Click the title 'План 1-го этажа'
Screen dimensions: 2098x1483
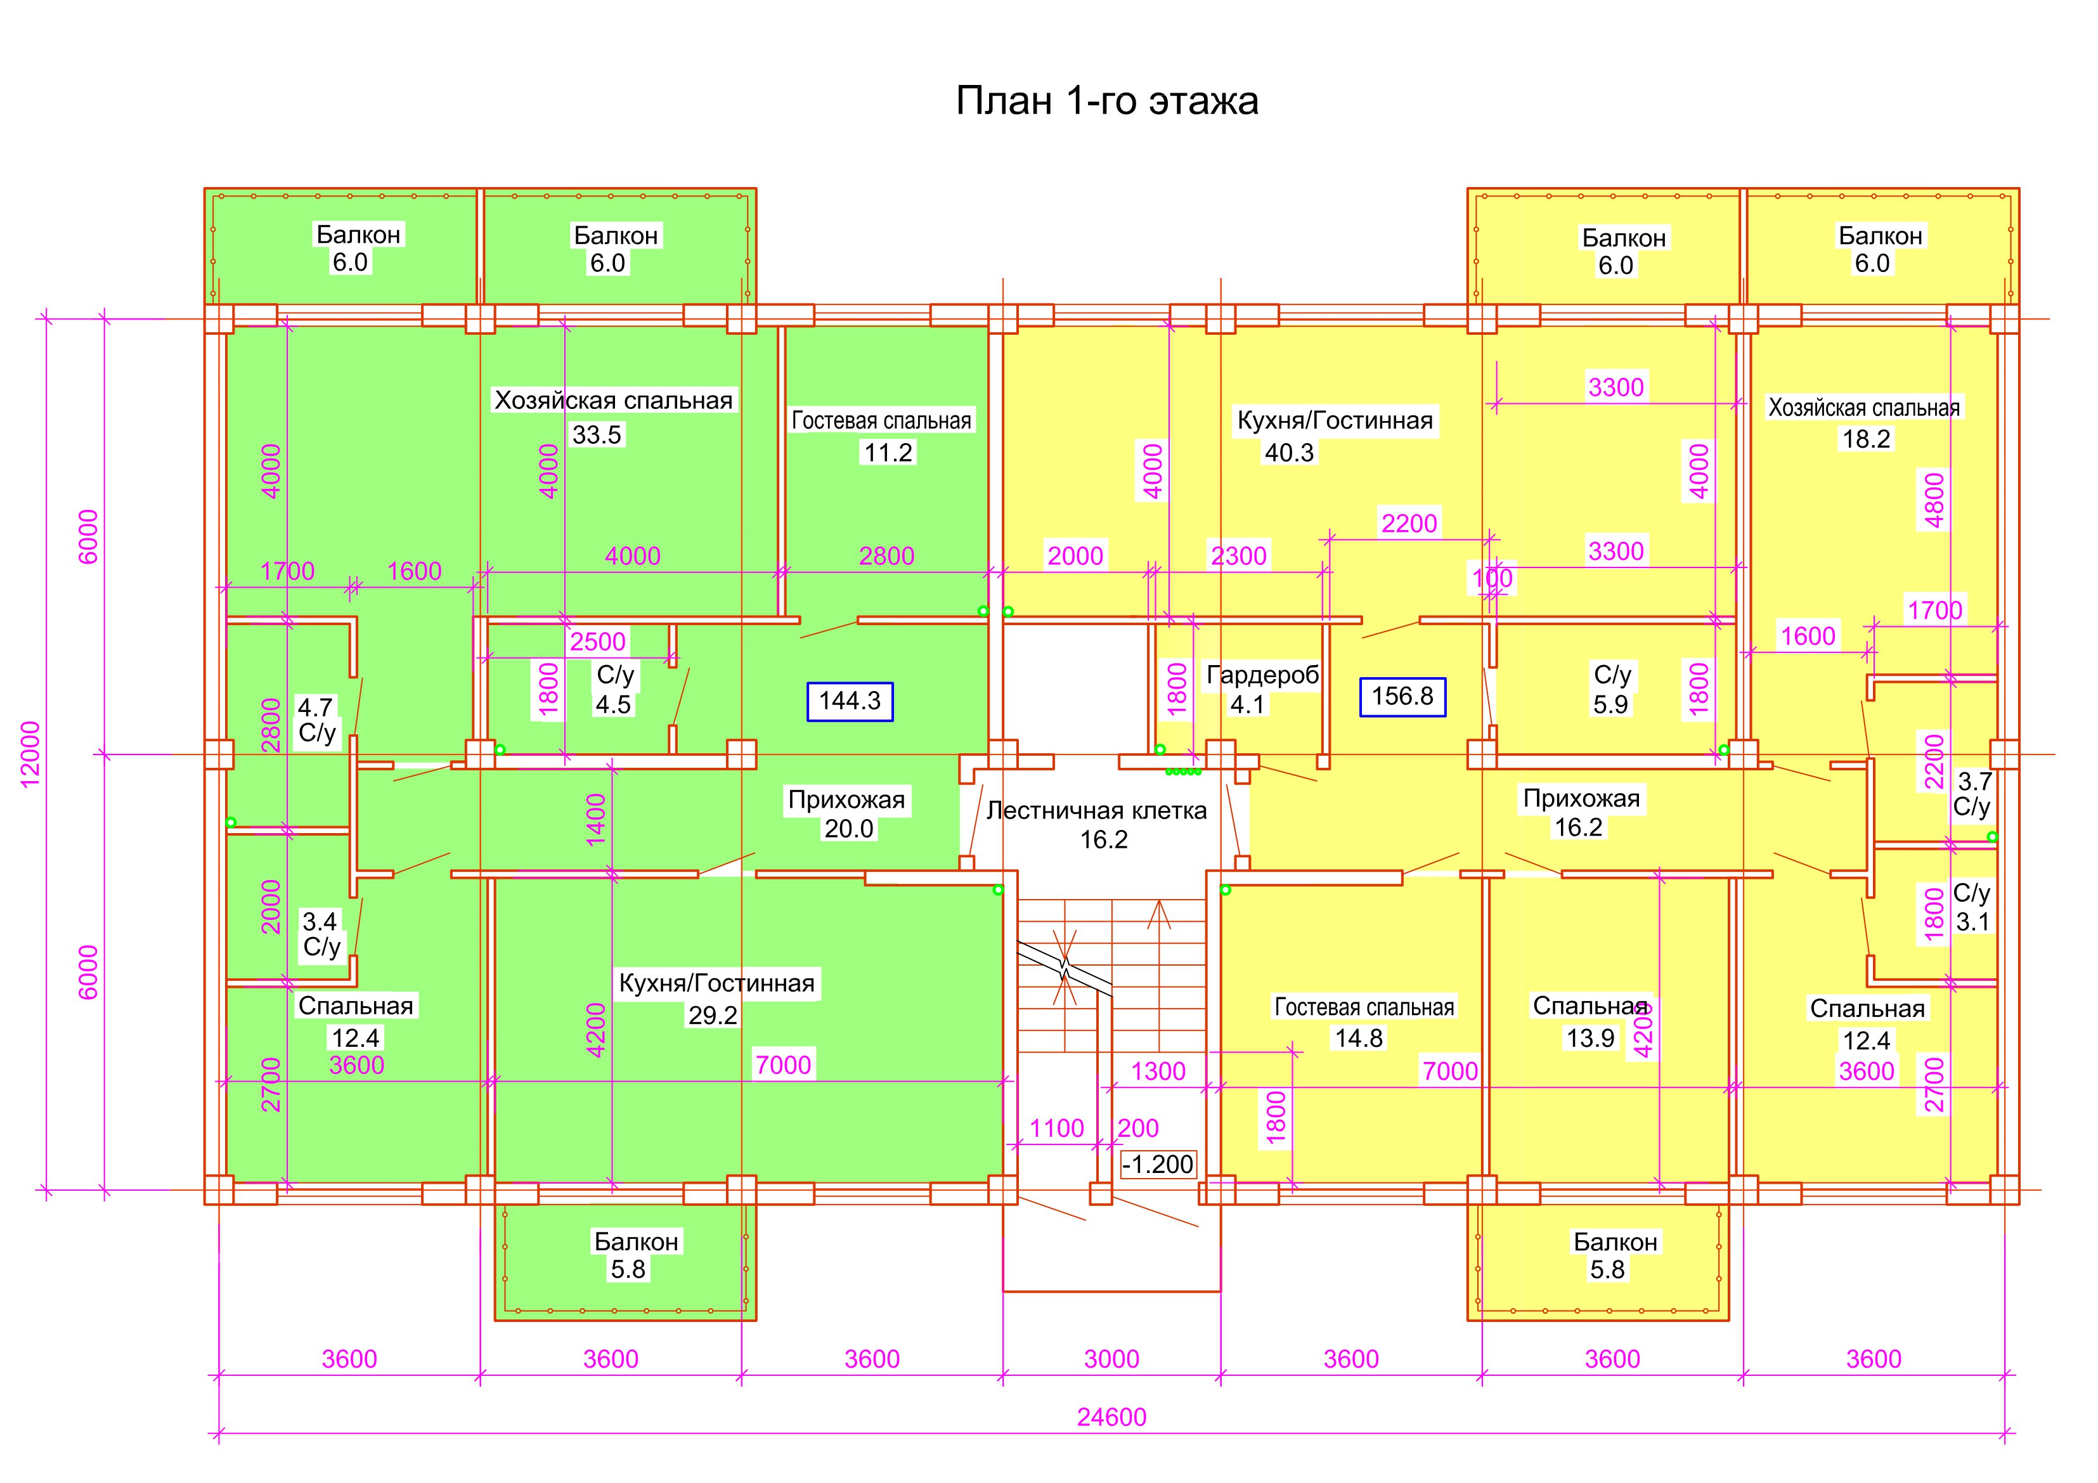1106,101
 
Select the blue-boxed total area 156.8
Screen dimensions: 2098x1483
1402,696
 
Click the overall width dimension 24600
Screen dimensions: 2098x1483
1111,1416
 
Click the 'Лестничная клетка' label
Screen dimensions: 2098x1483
1096,810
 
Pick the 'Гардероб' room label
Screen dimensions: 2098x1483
1263,675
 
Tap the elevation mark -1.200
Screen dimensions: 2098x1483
1158,1164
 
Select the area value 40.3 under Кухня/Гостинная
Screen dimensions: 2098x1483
1288,451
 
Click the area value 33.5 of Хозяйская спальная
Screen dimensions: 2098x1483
597,435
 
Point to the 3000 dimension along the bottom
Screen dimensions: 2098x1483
1111,1359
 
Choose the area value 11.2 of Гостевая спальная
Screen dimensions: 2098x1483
888,452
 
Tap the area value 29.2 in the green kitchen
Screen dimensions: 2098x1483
713,1015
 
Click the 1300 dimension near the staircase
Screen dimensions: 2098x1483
1158,1071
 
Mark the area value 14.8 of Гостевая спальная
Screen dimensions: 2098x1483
1359,1038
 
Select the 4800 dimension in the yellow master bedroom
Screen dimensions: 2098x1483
1935,501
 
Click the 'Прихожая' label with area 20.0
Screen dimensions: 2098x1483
846,800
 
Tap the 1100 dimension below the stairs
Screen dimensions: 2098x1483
1056,1129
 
